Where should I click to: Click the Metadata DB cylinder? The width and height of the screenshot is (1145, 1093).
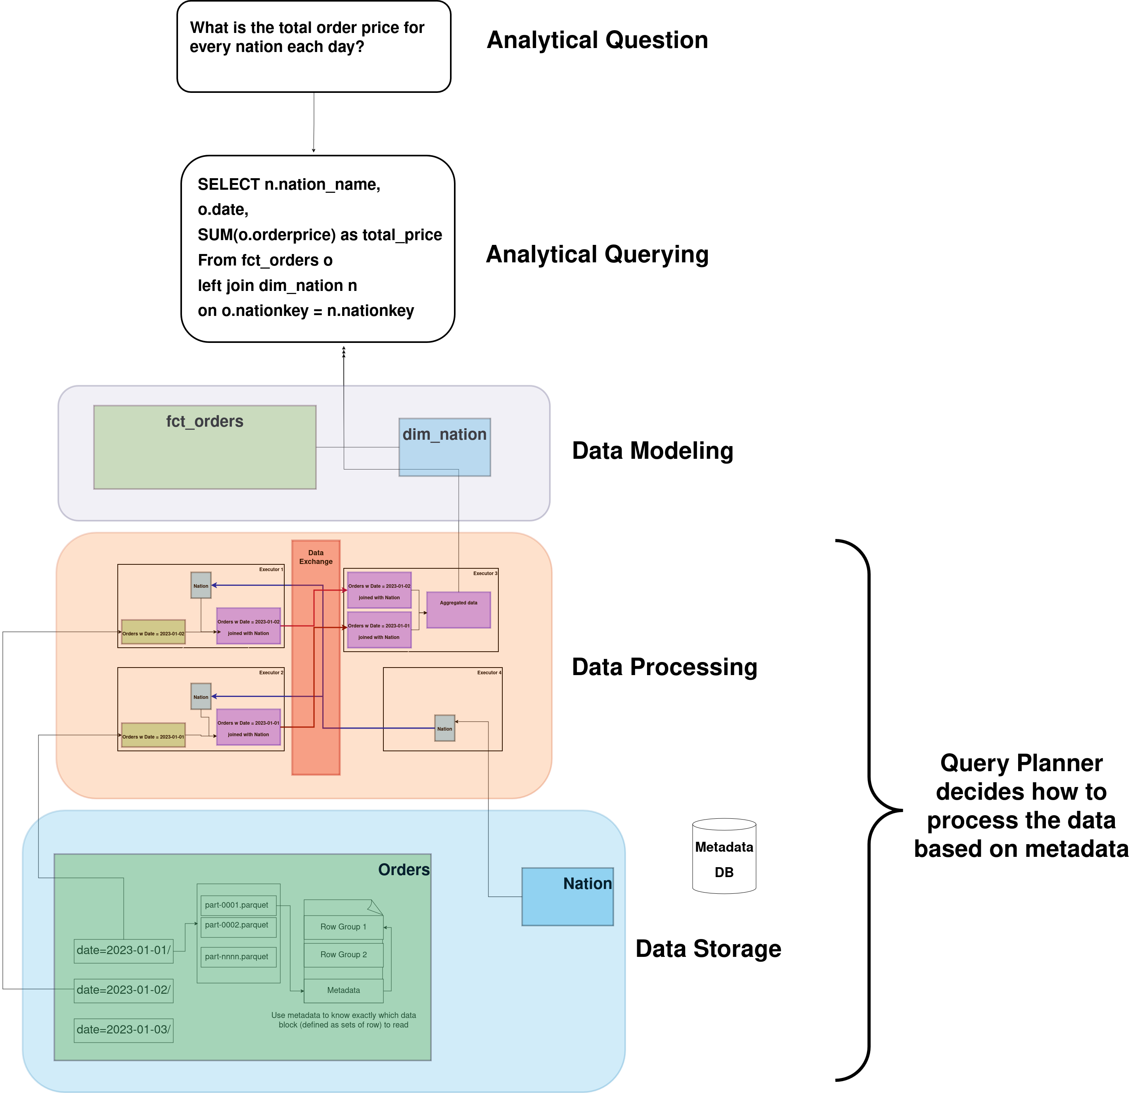(x=724, y=856)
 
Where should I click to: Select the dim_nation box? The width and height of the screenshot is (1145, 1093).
(x=444, y=447)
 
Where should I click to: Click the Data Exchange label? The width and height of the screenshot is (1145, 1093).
(x=316, y=557)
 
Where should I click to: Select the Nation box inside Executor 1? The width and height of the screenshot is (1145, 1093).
(x=201, y=585)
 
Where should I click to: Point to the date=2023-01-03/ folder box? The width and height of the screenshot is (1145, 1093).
(x=123, y=1029)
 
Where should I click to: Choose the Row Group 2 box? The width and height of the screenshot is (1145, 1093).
(x=343, y=954)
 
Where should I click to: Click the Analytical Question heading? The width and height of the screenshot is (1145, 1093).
(x=597, y=40)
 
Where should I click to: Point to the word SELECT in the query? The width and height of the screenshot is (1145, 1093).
(x=228, y=184)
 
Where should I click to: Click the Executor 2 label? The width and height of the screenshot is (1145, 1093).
(x=271, y=672)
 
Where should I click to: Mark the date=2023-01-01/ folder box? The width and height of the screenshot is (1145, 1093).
(x=123, y=950)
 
